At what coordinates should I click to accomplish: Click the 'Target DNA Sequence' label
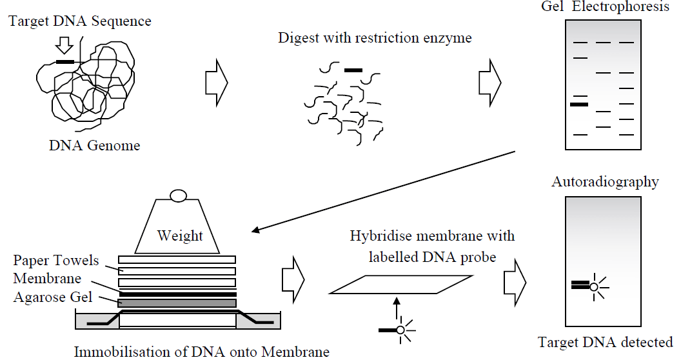80,21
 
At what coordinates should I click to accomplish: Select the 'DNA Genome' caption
94,145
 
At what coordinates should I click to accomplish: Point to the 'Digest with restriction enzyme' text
375,38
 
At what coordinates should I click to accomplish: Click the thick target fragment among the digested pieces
353,69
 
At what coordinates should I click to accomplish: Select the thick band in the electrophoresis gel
579,104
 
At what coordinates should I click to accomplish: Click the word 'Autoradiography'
605,182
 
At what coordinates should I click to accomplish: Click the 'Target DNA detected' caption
606,342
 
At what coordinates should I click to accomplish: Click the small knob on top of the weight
177,195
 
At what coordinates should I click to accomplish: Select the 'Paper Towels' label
57,261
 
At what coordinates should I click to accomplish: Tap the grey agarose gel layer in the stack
177,303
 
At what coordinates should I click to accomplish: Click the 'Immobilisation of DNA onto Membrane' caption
202,352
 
